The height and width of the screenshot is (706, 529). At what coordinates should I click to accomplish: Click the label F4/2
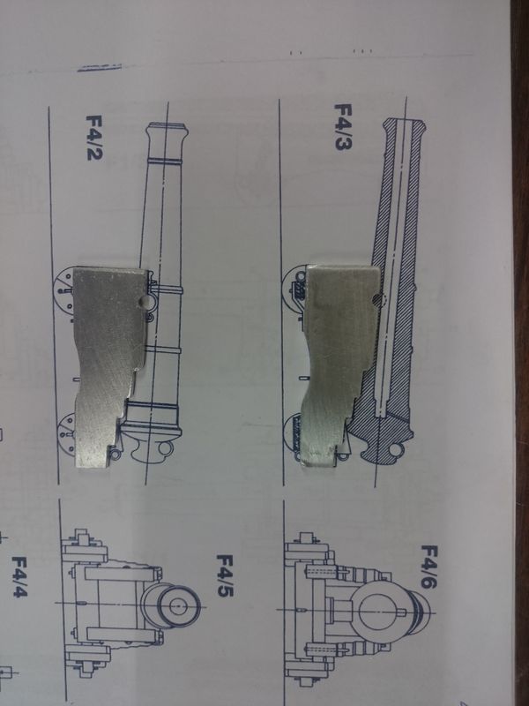(x=94, y=138)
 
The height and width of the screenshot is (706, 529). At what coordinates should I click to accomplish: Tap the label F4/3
(x=343, y=126)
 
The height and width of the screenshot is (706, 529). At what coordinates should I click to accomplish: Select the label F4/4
(x=19, y=576)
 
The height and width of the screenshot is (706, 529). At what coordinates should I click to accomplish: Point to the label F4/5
(x=225, y=575)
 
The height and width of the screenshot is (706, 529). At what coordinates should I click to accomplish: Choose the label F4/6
(x=429, y=567)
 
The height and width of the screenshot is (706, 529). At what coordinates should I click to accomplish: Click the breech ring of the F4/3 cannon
(x=395, y=449)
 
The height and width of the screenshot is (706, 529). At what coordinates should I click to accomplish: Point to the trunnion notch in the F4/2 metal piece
(x=145, y=301)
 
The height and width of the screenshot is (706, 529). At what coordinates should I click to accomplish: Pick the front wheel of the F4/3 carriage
(x=294, y=289)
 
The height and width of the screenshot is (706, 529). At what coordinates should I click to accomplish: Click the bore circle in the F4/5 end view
(x=179, y=606)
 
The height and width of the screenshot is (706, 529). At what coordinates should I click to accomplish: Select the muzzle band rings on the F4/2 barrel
(x=165, y=161)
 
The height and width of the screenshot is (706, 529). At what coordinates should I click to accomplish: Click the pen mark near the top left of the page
(x=99, y=68)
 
